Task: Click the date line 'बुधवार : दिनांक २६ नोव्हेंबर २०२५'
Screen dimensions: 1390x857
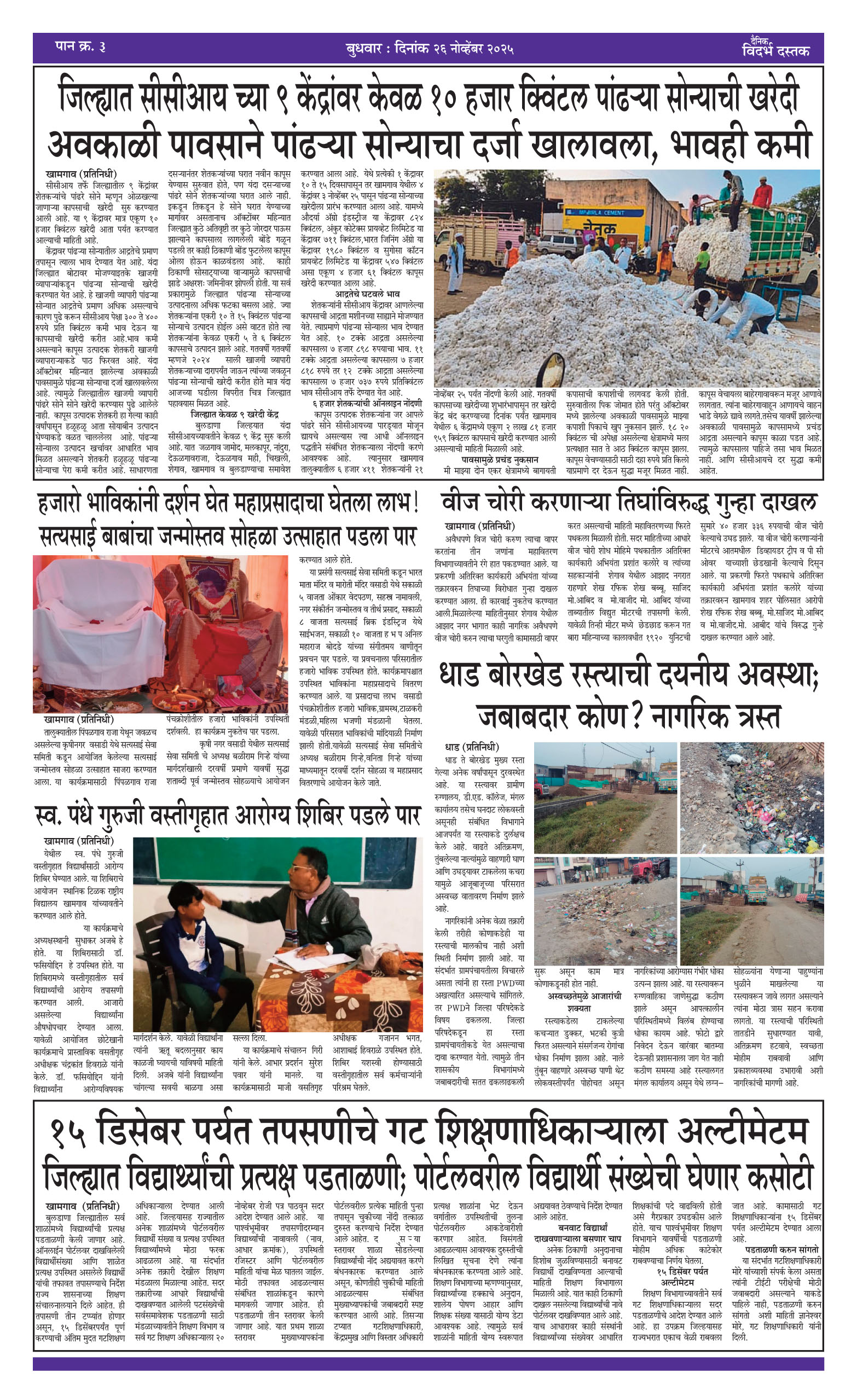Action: click(x=429, y=49)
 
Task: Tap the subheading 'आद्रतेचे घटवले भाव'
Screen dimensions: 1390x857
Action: click(x=367, y=294)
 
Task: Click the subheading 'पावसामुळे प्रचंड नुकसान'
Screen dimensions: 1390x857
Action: click(x=499, y=460)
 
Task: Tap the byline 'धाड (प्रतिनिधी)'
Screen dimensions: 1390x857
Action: click(x=472, y=747)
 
